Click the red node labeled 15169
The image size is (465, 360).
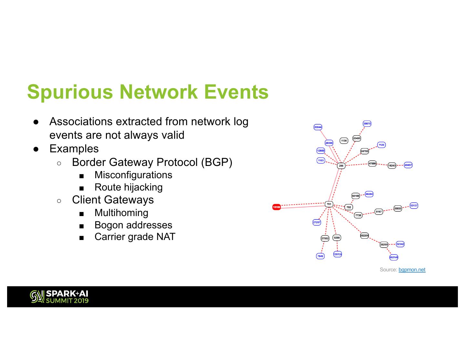point(276,207)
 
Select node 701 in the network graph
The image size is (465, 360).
point(329,204)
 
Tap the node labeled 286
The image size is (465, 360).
point(341,166)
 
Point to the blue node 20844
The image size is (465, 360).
point(318,127)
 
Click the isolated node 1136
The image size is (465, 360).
point(344,141)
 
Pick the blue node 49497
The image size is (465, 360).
point(408,165)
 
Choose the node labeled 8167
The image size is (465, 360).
point(379,212)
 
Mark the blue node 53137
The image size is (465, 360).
point(414,205)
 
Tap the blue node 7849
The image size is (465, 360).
point(320,256)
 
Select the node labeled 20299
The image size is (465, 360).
point(384,245)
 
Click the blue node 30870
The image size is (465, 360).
point(367,124)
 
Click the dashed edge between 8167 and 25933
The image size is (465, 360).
point(388,210)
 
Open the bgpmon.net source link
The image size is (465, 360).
point(412,270)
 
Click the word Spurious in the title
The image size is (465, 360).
point(70,92)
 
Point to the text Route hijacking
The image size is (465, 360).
point(129,187)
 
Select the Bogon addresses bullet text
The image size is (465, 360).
point(133,225)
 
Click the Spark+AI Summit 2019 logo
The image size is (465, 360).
point(59,297)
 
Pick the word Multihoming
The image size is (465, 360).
point(121,213)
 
